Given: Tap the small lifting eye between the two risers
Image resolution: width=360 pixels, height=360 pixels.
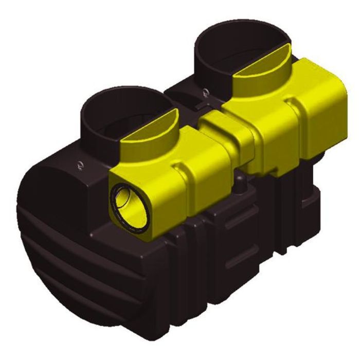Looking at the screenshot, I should [x=205, y=93].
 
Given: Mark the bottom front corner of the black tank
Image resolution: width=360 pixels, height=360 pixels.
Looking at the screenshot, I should [x=170, y=329].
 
